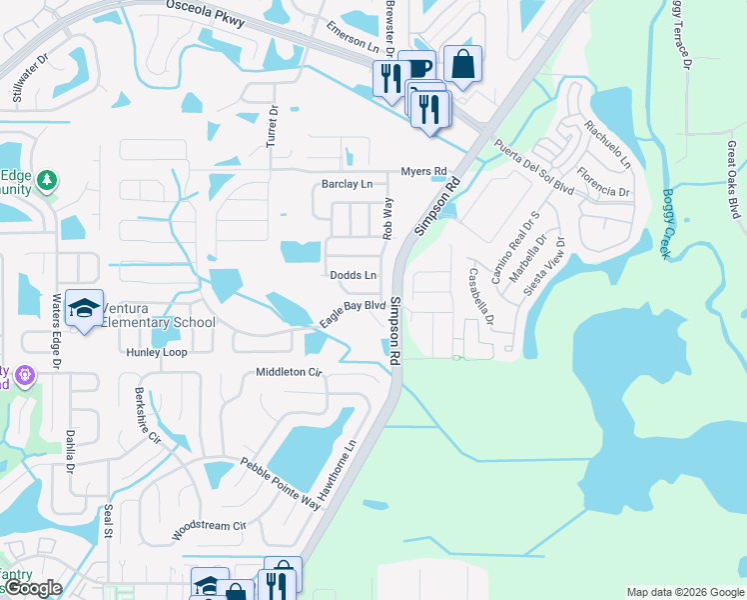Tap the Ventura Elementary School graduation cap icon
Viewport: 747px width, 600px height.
click(85, 308)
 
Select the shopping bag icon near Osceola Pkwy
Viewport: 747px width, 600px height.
click(462, 65)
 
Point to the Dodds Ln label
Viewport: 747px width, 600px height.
click(354, 275)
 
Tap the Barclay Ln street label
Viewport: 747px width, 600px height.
click(347, 184)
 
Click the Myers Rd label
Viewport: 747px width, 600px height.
click(422, 171)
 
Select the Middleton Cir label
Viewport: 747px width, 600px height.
click(290, 371)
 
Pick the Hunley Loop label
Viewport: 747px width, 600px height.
click(156, 352)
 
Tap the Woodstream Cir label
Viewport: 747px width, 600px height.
click(209, 530)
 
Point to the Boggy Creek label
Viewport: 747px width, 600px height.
click(668, 224)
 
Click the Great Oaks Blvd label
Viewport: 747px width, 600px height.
click(733, 180)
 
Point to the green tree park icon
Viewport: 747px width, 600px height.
click(47, 181)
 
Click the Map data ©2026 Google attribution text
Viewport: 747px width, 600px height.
click(685, 592)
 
